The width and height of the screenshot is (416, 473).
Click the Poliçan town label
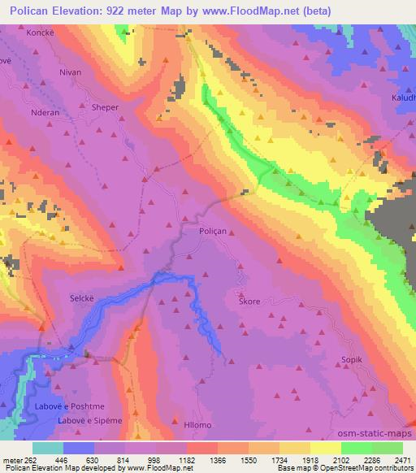point(212,232)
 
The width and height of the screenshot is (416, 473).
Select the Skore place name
point(249,302)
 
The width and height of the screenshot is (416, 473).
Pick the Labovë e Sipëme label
point(89,420)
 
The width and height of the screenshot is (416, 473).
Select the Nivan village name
point(71,72)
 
